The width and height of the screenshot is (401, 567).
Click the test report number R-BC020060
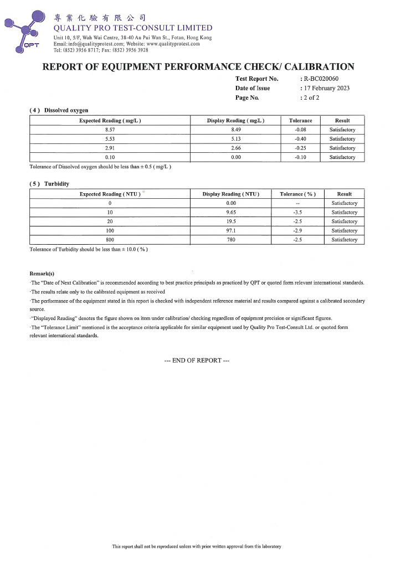(x=321, y=79)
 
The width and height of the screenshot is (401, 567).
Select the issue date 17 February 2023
(x=327, y=88)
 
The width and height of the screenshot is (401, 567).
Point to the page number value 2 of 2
(x=311, y=97)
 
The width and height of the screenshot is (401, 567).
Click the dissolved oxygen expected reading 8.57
(x=110, y=130)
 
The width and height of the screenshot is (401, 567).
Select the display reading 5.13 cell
(x=235, y=139)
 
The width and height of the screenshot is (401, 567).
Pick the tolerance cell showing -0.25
(x=301, y=148)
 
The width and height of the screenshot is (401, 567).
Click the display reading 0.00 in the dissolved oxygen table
(x=235, y=158)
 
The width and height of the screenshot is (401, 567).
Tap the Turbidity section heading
(x=56, y=184)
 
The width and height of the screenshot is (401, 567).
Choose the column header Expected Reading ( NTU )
(x=110, y=194)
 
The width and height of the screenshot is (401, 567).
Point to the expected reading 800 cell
(x=110, y=240)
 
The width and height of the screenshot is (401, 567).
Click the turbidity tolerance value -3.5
(x=298, y=213)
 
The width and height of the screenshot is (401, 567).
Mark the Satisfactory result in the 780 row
(x=345, y=240)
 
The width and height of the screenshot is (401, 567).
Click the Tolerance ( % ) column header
(x=298, y=194)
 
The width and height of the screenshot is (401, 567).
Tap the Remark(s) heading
(x=42, y=274)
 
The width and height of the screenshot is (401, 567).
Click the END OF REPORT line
(x=197, y=360)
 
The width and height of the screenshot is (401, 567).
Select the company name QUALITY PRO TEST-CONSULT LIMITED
(x=133, y=28)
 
